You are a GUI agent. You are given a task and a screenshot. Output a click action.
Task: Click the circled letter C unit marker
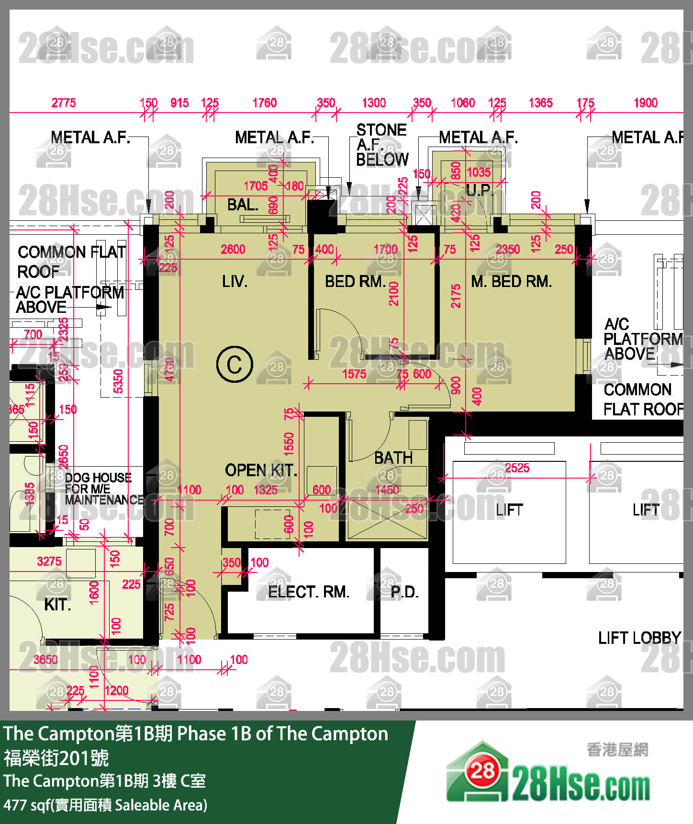click(235, 365)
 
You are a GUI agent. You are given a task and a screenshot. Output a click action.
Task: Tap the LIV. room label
click(235, 281)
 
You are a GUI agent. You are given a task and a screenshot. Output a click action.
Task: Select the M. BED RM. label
click(511, 281)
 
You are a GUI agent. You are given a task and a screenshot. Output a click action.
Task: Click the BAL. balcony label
click(243, 205)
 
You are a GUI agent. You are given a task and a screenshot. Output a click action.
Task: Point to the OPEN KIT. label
click(261, 470)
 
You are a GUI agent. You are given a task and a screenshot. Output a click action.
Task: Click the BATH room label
click(393, 458)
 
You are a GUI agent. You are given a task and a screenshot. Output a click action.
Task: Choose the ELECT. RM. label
click(308, 592)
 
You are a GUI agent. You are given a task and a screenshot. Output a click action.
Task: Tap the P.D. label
click(404, 593)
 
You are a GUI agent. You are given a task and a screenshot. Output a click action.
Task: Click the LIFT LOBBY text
click(639, 638)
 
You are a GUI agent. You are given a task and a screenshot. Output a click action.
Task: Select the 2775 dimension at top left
click(64, 103)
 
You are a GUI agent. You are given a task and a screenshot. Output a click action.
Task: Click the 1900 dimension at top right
click(646, 103)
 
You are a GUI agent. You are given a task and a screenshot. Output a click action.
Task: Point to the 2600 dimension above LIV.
click(233, 250)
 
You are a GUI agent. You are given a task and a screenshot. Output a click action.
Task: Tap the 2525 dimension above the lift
click(517, 468)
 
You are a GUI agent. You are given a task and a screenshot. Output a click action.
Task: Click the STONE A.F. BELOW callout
click(381, 145)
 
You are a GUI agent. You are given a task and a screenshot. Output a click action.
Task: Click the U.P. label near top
click(479, 191)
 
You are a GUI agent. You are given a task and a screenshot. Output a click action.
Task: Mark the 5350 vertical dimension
click(118, 381)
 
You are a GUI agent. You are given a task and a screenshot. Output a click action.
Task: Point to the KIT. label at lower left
click(57, 605)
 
